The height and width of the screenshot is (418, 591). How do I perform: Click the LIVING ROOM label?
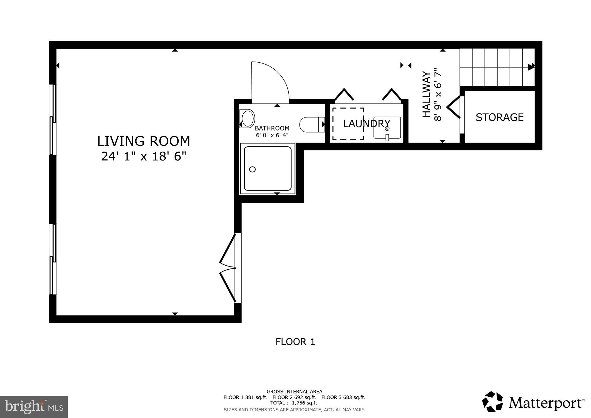pyautogui.click(x=143, y=141)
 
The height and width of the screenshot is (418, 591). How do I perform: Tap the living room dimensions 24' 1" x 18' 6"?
pyautogui.click(x=143, y=156)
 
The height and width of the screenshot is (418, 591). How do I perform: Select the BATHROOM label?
pyautogui.click(x=272, y=128)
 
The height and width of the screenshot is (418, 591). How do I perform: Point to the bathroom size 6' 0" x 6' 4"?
pyautogui.click(x=272, y=135)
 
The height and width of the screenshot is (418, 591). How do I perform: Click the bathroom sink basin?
pyautogui.click(x=248, y=118)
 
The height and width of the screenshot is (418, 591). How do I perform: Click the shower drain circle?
pyautogui.click(x=252, y=169)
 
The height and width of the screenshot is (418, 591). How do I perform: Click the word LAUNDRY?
pyautogui.click(x=366, y=124)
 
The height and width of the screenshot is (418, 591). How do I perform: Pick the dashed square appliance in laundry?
pyautogui.click(x=348, y=124)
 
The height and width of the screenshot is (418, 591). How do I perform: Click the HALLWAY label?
pyautogui.click(x=426, y=94)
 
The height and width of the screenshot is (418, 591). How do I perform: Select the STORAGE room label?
pyautogui.click(x=500, y=117)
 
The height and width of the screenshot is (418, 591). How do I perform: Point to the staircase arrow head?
pyautogui.click(x=531, y=67)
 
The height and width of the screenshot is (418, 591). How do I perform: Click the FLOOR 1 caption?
pyautogui.click(x=295, y=342)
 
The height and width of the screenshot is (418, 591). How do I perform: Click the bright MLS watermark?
pyautogui.click(x=34, y=406)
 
